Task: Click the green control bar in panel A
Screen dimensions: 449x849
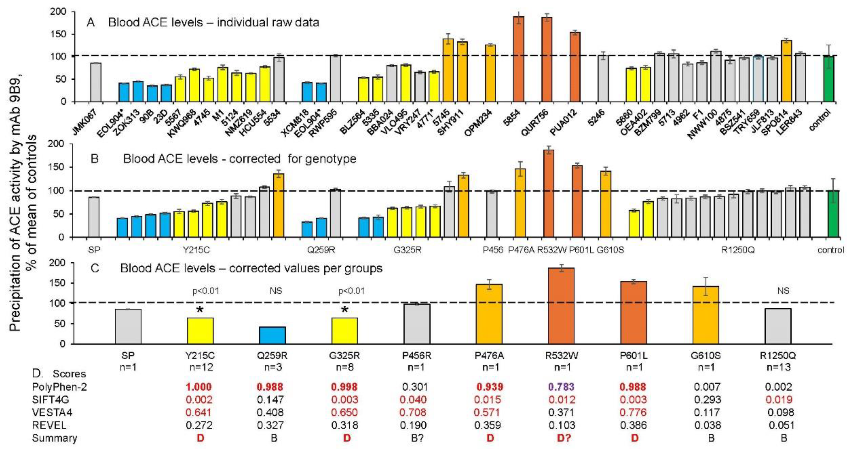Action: pyautogui.click(x=829, y=79)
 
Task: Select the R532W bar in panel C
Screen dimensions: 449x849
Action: pyautogui.click(x=561, y=306)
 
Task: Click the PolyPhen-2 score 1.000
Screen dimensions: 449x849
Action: pyautogui.click(x=199, y=387)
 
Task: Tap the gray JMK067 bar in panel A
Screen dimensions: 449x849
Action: pyautogui.click(x=96, y=82)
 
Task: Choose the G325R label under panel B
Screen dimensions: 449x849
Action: pyautogui.click(x=407, y=250)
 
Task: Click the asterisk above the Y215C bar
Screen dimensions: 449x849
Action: pyautogui.click(x=199, y=310)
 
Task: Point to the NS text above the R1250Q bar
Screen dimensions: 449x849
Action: pyautogui.click(x=783, y=291)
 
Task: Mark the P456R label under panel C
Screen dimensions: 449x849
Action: pyautogui.click(x=417, y=355)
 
